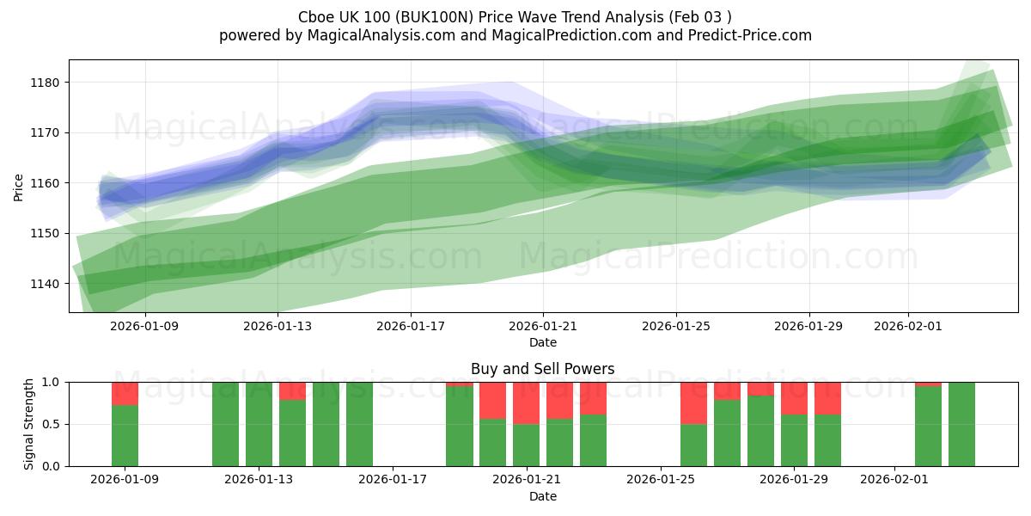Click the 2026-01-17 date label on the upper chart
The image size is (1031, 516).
click(410, 326)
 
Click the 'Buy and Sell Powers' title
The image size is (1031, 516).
click(542, 369)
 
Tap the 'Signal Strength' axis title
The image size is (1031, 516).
click(29, 424)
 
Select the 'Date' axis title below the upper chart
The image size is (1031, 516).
click(542, 342)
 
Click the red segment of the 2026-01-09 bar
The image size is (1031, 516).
click(125, 393)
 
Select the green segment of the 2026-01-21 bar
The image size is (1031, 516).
click(526, 445)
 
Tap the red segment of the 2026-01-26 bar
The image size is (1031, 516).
click(693, 402)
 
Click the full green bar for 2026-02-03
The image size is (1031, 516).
click(961, 424)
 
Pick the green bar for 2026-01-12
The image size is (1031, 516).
click(225, 424)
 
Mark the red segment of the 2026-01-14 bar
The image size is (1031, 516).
click(292, 390)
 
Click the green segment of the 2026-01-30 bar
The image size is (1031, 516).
click(827, 440)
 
